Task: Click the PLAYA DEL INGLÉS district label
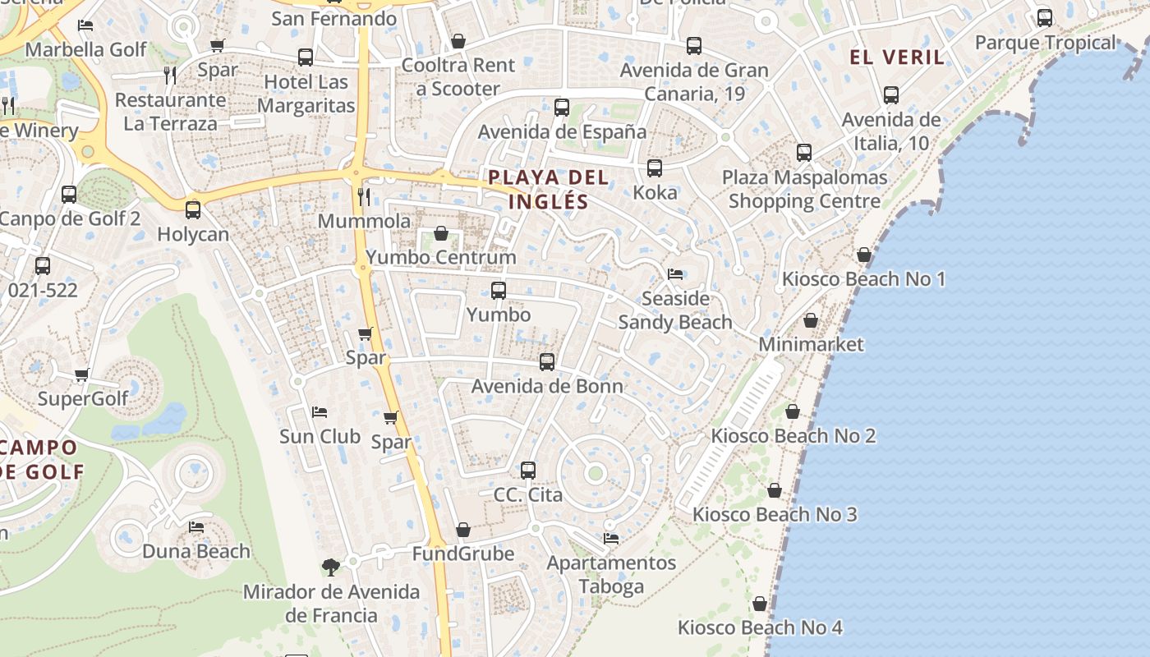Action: coord(548,189)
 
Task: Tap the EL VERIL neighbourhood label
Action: coord(897,57)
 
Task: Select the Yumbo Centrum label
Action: coord(441,257)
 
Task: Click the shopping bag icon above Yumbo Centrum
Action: coord(441,233)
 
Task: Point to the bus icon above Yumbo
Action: coord(499,290)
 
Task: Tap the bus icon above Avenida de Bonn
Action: coord(547,361)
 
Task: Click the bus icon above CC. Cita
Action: coord(528,471)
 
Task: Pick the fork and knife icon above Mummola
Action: coord(364,196)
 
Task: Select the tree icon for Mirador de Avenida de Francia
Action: coord(331,567)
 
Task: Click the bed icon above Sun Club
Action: coord(320,411)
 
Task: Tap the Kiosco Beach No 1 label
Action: coord(863,279)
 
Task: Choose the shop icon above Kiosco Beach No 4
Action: coord(760,604)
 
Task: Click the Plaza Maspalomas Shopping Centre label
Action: coord(804,189)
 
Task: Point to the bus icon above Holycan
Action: coord(193,210)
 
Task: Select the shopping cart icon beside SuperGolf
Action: coord(81,375)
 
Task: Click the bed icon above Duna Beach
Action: coord(196,526)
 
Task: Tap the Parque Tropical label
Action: coord(1045,43)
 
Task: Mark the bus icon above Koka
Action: coord(655,168)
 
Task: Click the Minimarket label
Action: coord(811,344)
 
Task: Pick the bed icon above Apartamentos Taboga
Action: coord(611,539)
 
